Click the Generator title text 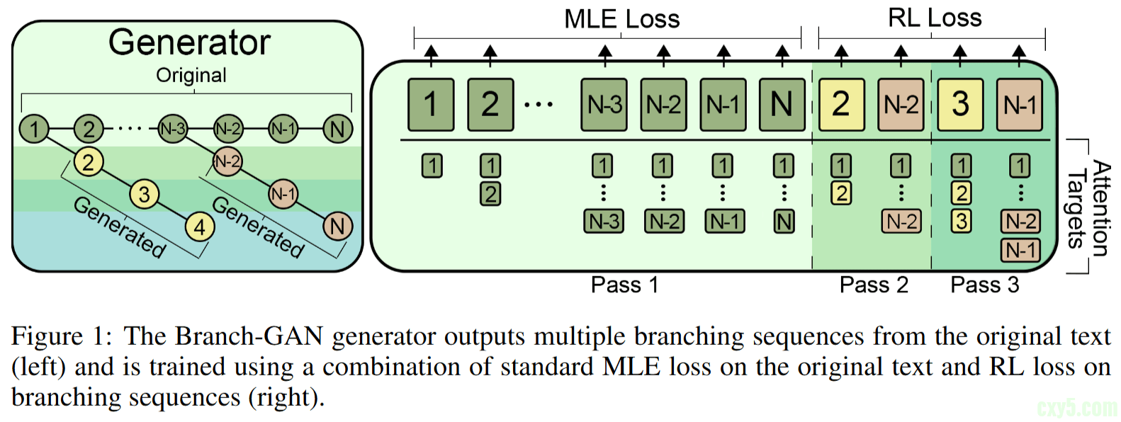pyautogui.click(x=189, y=42)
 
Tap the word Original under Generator pyautogui.click(x=191, y=75)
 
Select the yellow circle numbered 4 pyautogui.click(x=200, y=227)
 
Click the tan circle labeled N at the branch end pyautogui.click(x=337, y=227)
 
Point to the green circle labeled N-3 pyautogui.click(x=172, y=129)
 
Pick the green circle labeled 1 pyautogui.click(x=33, y=129)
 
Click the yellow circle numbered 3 pyautogui.click(x=144, y=194)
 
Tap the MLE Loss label pyautogui.click(x=621, y=19)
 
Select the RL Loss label pyautogui.click(x=935, y=18)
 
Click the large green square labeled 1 pyautogui.click(x=431, y=105)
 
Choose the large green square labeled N pyautogui.click(x=782, y=105)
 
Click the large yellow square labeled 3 pyautogui.click(x=960, y=105)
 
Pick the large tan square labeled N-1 pyautogui.click(x=1020, y=105)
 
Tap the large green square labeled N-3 pyautogui.click(x=604, y=105)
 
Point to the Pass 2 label pyautogui.click(x=874, y=285)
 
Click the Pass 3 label pyautogui.click(x=984, y=285)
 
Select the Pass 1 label pyautogui.click(x=624, y=285)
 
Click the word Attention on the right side pyautogui.click(x=1100, y=208)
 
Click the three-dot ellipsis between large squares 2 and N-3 pyautogui.click(x=539, y=105)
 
